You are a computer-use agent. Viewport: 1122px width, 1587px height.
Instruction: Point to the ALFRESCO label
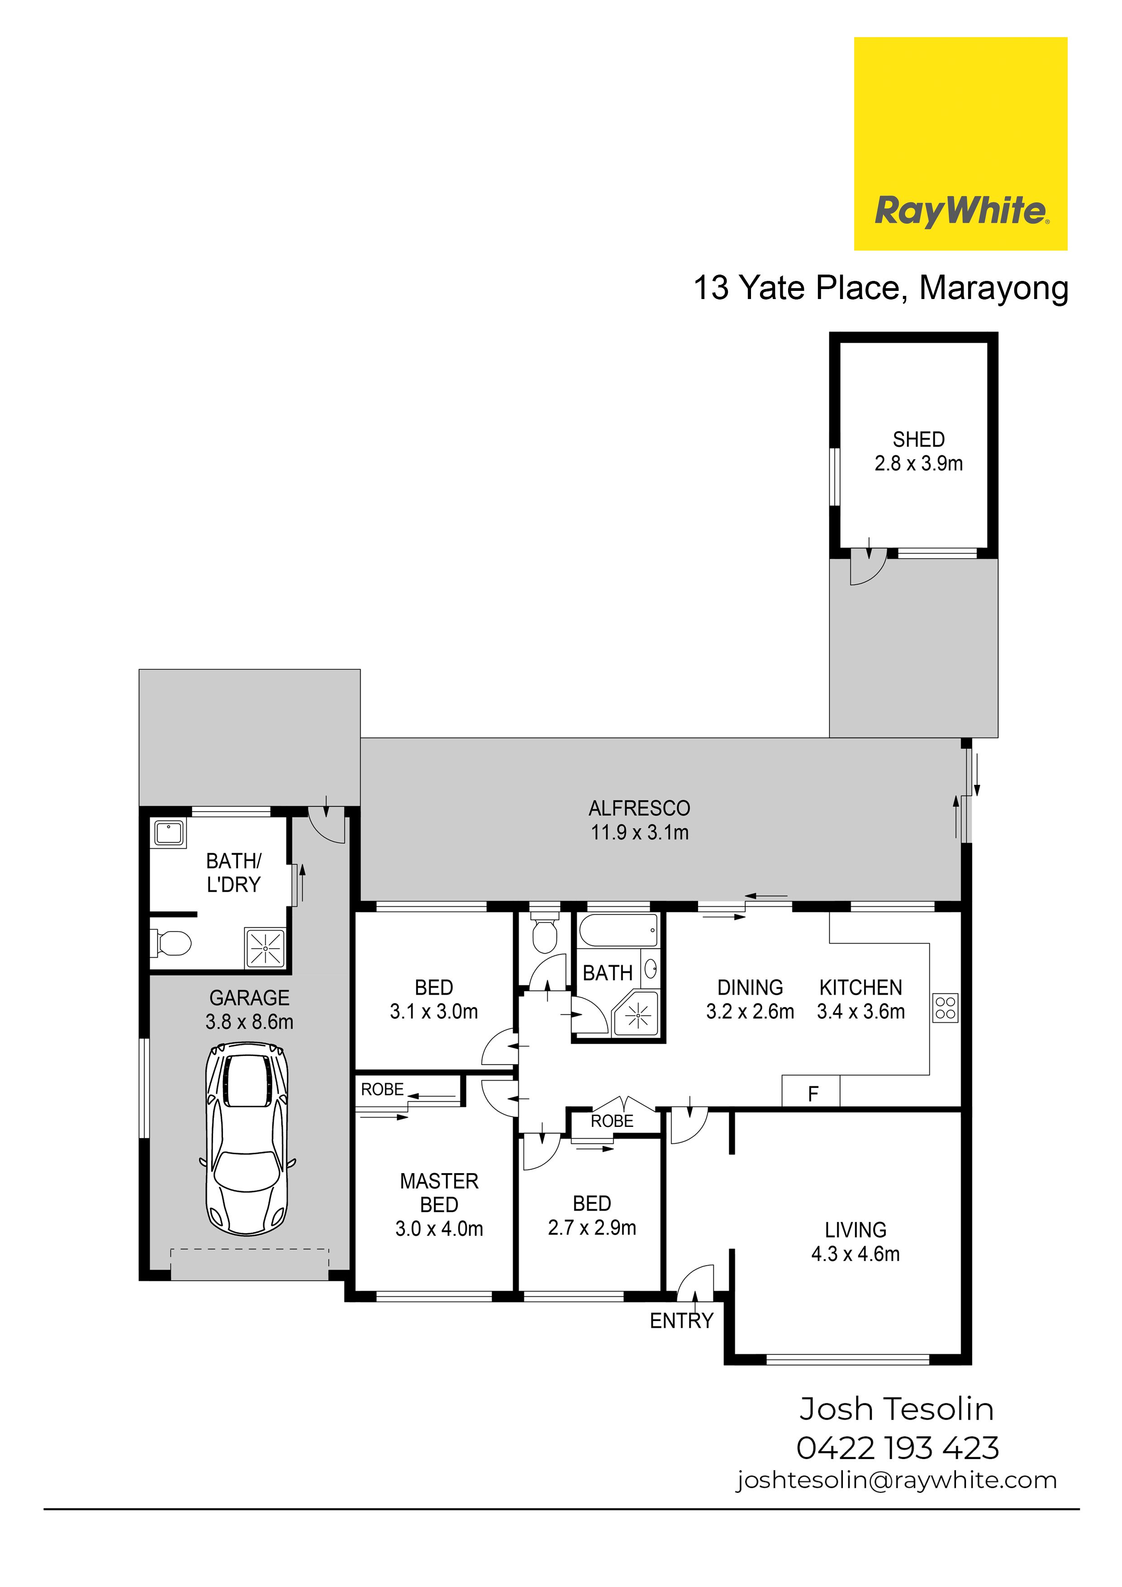point(639,808)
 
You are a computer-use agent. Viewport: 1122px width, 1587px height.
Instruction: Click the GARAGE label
point(250,998)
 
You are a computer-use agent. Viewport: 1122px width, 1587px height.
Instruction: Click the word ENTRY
point(682,1321)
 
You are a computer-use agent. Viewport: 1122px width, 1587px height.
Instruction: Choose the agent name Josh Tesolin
point(897,1409)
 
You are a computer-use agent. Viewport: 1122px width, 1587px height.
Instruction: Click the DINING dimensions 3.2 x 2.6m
point(750,1012)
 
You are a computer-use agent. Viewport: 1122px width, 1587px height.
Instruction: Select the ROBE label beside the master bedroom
point(382,1089)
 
